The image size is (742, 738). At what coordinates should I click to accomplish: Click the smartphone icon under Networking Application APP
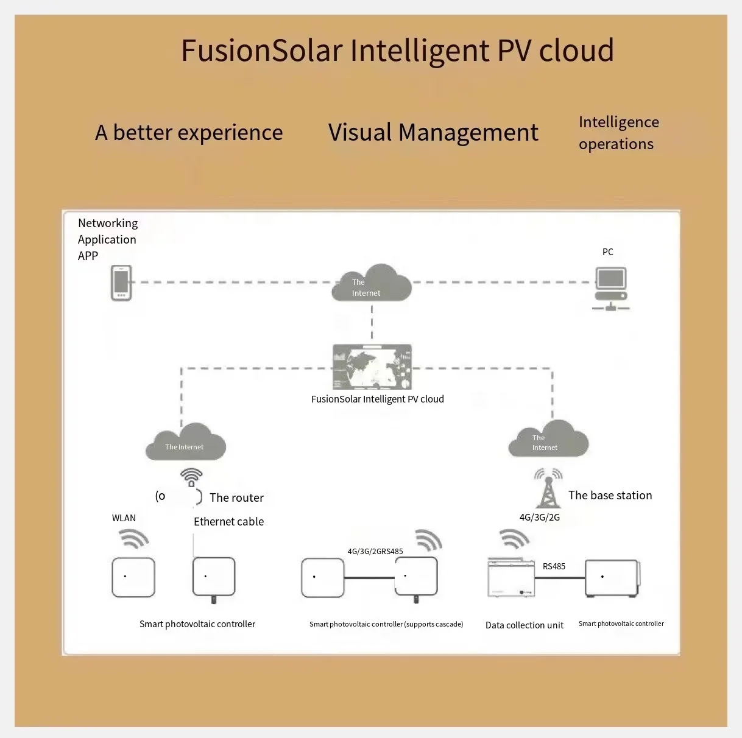pyautogui.click(x=121, y=283)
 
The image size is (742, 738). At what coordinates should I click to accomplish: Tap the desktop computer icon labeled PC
pyautogui.click(x=610, y=289)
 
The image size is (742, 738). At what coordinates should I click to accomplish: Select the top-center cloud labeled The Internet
pyautogui.click(x=371, y=284)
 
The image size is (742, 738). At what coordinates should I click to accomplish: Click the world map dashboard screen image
pyautogui.click(x=372, y=367)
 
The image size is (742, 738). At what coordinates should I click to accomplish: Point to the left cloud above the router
pyautogui.click(x=185, y=442)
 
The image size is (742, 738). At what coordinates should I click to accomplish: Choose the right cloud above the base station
pyautogui.click(x=548, y=440)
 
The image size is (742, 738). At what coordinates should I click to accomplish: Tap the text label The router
pyautogui.click(x=236, y=497)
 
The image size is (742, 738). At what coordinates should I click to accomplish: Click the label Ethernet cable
pyautogui.click(x=228, y=521)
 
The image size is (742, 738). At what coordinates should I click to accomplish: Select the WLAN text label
pyautogui.click(x=124, y=518)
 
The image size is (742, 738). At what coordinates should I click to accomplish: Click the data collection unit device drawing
pyautogui.click(x=511, y=577)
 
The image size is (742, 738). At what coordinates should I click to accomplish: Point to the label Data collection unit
pyautogui.click(x=524, y=625)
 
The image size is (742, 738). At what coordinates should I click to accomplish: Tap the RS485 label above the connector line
pyautogui.click(x=554, y=566)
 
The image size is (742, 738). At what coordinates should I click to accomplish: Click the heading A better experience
pyautogui.click(x=189, y=132)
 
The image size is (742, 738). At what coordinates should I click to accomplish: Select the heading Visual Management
pyautogui.click(x=433, y=132)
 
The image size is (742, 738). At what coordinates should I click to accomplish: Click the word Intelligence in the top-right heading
pyautogui.click(x=618, y=122)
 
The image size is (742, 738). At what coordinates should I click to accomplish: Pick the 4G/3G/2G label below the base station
pyautogui.click(x=539, y=517)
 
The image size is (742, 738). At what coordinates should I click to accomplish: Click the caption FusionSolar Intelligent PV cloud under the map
pyautogui.click(x=377, y=399)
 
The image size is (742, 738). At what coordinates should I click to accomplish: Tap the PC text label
pyautogui.click(x=607, y=251)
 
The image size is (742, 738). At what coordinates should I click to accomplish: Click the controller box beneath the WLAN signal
pyautogui.click(x=133, y=577)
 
